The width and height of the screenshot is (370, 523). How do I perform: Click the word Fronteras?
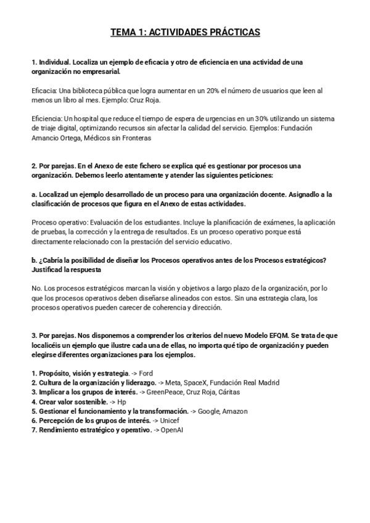pyautogui.click(x=135, y=138)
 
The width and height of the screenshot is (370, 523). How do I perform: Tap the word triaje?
pyautogui.click(x=42, y=128)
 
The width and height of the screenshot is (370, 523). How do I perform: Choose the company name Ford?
pyautogui.click(x=147, y=374)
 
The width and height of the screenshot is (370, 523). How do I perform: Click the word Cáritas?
pyautogui.click(x=228, y=392)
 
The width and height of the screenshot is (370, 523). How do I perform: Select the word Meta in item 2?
pyautogui.click(x=175, y=383)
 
